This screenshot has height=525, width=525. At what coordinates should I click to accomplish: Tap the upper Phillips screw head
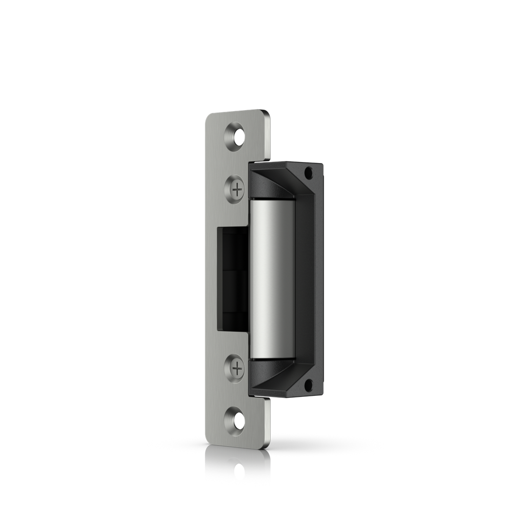tap(237, 190)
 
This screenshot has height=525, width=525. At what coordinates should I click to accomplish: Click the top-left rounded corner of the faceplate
tap(207, 116)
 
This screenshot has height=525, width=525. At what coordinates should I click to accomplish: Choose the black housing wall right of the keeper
tap(307, 277)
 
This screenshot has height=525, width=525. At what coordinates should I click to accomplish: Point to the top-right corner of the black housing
tap(321, 165)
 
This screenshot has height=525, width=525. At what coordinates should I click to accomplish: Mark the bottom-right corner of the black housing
tap(321, 395)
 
